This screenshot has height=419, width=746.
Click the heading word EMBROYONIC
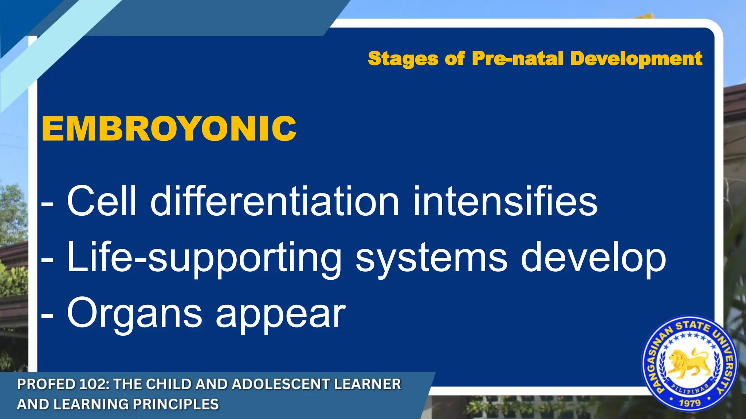(x=169, y=129)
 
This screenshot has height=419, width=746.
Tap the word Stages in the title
(x=403, y=59)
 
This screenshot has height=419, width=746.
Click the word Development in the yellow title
(x=636, y=59)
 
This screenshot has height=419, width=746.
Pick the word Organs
(x=134, y=314)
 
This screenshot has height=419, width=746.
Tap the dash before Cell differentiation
(x=47, y=204)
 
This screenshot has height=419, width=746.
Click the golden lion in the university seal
(x=688, y=364)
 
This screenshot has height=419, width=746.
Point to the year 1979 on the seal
(x=690, y=403)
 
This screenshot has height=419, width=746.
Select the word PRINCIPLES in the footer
(x=176, y=404)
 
